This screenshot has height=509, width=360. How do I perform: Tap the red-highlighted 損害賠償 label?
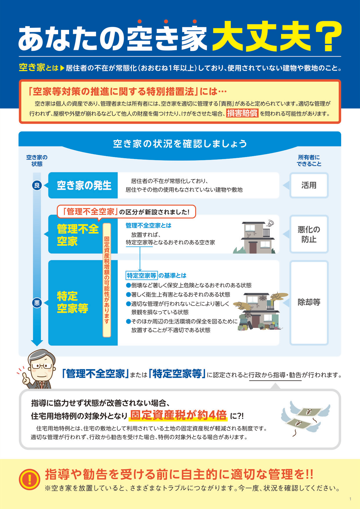(242, 113)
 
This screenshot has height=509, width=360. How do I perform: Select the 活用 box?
(309, 185)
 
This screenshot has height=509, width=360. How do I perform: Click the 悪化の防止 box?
(309, 234)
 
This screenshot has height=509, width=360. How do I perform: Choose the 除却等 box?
(309, 303)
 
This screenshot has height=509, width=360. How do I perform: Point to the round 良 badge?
(37, 185)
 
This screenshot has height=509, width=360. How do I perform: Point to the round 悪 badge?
(37, 303)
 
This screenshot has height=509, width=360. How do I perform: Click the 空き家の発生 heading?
(84, 185)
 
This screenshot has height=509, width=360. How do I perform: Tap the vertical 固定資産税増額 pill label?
(107, 280)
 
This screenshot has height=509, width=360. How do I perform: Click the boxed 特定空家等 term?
(141, 275)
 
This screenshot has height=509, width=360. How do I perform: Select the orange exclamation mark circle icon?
(29, 479)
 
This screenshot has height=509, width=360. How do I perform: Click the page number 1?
(350, 499)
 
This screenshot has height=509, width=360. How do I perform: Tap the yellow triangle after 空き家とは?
(62, 68)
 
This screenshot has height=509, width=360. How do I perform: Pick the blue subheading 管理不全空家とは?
(148, 225)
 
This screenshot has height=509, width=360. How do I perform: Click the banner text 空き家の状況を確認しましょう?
(180, 144)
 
